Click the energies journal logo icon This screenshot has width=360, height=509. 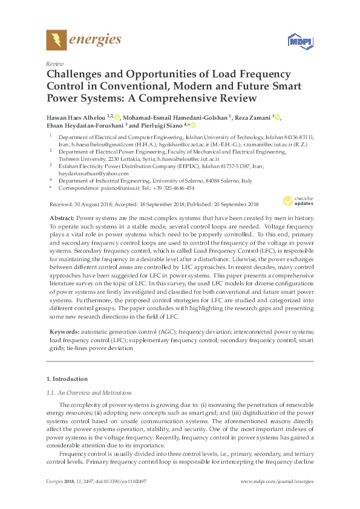pyautogui.click(x=57, y=41)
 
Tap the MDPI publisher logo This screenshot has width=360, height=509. pyautogui.click(x=296, y=41)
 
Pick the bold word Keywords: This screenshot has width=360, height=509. pyautogui.click(x=63, y=332)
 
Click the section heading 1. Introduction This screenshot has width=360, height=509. pyautogui.click(x=67, y=379)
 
